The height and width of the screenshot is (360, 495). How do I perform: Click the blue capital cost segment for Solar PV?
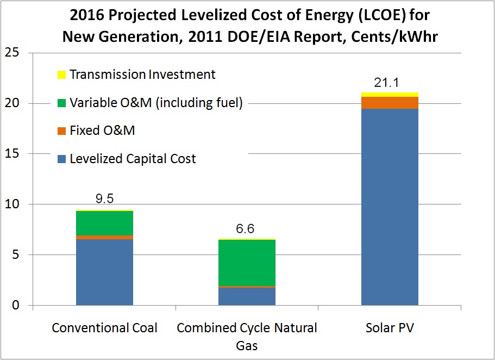pos(390,207)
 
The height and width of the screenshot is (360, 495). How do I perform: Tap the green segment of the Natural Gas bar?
pos(247,262)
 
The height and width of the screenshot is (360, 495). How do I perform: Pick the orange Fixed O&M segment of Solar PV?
pos(390,103)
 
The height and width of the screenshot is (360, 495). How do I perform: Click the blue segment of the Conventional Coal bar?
pos(105,272)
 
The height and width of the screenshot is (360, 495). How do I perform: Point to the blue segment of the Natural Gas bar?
pos(247,296)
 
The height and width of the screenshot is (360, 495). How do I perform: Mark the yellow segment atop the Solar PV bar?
pos(390,95)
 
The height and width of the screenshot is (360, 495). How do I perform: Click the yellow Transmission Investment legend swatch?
pos(61,74)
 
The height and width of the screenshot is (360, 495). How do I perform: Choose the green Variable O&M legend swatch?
pos(61,102)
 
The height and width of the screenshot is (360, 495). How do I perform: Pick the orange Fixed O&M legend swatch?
pos(61,131)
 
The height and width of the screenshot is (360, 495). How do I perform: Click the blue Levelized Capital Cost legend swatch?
pos(61,159)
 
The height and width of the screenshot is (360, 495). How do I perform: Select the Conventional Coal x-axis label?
pos(105,328)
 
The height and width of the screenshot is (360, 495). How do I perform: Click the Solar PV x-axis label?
pos(390,328)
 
